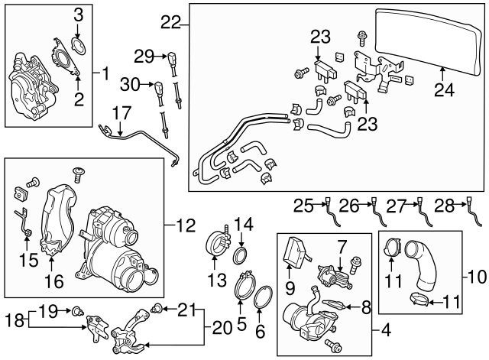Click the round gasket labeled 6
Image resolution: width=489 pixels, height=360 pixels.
coord(261,299)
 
